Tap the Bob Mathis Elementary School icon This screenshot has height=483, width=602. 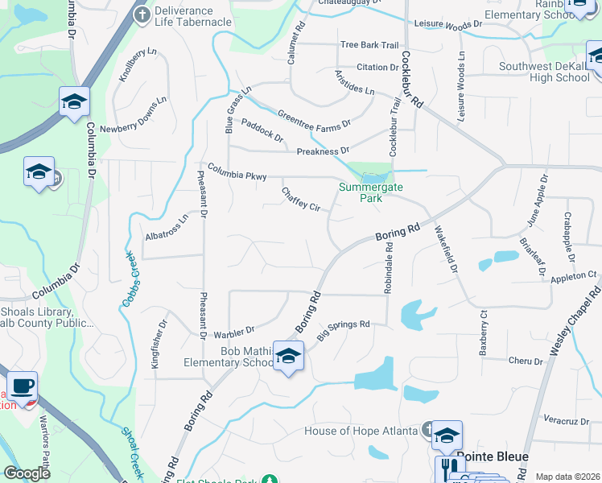tap(288, 355)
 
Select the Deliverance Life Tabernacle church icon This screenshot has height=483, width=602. tap(142, 14)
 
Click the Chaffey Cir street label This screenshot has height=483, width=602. tap(301, 200)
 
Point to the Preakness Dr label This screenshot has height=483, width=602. tap(323, 151)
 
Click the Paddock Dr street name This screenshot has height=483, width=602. tap(262, 132)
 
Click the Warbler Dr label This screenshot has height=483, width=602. tap(233, 330)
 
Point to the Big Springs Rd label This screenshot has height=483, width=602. tap(343, 330)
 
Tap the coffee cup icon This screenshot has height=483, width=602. tap(22, 385)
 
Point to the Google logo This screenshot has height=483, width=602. tap(26, 473)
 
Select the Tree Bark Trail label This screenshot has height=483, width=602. tap(369, 45)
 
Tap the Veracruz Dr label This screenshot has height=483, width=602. tap(568, 420)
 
